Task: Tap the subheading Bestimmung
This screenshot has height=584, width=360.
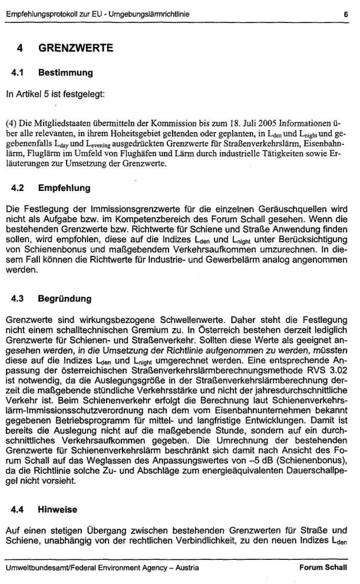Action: [65, 74]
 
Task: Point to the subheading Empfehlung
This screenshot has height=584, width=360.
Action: [65, 189]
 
